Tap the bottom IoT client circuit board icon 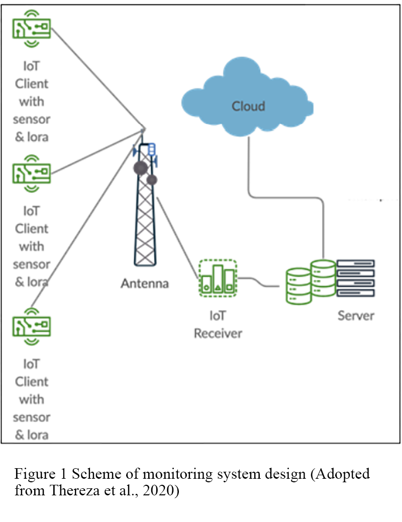click(x=32, y=327)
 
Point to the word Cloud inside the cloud click(x=248, y=106)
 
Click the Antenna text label click(x=145, y=283)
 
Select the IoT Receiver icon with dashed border click(x=217, y=278)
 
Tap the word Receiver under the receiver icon click(x=218, y=333)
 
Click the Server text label click(x=356, y=315)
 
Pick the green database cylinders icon click(x=310, y=283)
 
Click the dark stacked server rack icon click(x=356, y=278)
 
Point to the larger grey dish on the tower click(x=140, y=167)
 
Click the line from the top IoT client click(x=95, y=75)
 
